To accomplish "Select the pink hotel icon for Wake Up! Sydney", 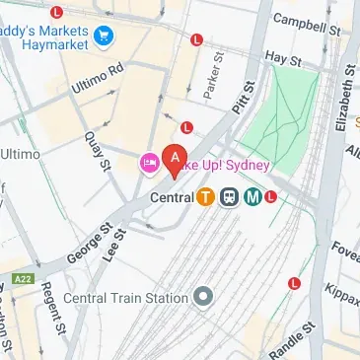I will tap(149, 163).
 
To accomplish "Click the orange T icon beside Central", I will tap(205, 196).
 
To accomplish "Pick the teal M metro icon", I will tap(252, 196).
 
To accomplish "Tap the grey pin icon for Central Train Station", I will tap(203, 297).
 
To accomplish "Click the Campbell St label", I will tap(302, 20).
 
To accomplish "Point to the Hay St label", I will tap(283, 59).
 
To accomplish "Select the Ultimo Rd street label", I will tap(99, 81).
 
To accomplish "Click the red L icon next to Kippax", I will tap(294, 283).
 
